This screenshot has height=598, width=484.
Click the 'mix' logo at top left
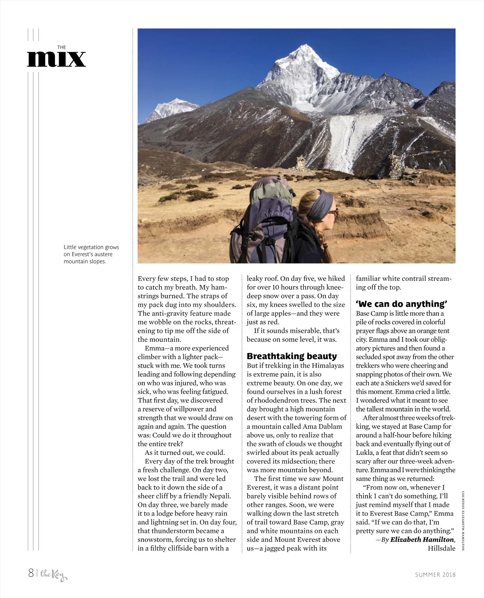click(x=56, y=59)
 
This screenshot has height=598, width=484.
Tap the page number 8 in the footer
click(x=31, y=573)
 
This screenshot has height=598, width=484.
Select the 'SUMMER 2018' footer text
click(x=435, y=575)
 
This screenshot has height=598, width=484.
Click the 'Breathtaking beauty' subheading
click(x=292, y=356)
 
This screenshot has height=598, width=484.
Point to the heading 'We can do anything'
click(x=401, y=304)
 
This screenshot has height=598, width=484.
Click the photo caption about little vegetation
click(x=91, y=254)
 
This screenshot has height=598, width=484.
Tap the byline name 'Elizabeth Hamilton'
click(x=422, y=539)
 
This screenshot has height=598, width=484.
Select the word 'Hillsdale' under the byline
click(x=441, y=548)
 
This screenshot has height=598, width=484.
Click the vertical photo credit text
click(x=463, y=521)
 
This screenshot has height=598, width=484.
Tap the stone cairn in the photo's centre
click(x=300, y=163)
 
